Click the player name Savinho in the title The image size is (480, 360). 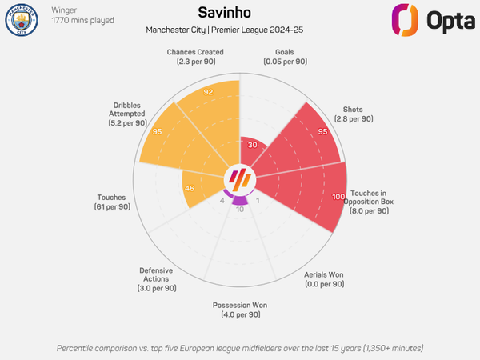coord(240,13)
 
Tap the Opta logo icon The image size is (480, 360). coord(405,20)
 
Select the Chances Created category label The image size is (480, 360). coord(195,58)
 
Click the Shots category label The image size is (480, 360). coord(352,114)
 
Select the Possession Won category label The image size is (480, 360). coord(240,310)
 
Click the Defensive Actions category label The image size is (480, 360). coord(156,278)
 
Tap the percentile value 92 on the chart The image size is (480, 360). coord(208,92)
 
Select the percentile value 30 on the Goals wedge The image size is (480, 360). coord(253,145)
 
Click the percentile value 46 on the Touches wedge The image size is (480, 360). coord(190,188)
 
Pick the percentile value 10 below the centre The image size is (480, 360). coord(240,210)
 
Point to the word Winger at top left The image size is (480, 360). coord(65,10)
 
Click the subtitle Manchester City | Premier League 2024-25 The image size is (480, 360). coord(240,30)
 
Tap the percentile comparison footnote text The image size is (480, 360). coord(240,348)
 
